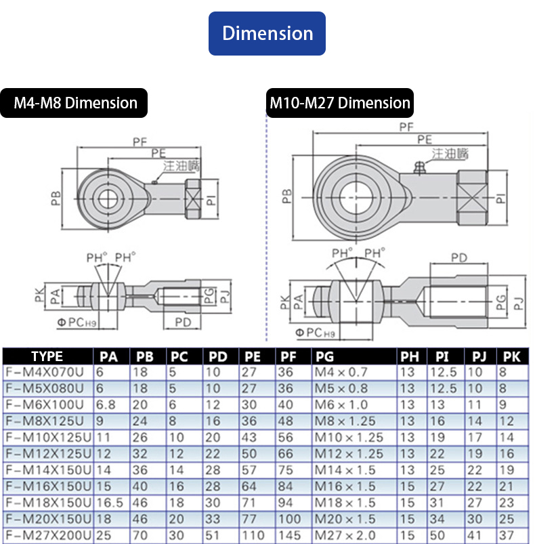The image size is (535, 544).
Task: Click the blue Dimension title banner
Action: coord(267,33)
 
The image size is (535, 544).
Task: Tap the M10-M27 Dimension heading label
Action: coord(340,103)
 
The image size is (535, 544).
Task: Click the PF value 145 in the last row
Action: coord(290,536)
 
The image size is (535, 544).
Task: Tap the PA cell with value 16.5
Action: coord(109,503)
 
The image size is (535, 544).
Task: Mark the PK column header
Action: coord(511,357)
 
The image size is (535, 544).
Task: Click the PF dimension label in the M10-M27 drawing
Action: coord(406,127)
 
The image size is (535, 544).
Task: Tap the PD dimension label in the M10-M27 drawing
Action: coord(458,258)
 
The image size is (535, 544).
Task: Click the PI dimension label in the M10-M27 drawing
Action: coord(500,198)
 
